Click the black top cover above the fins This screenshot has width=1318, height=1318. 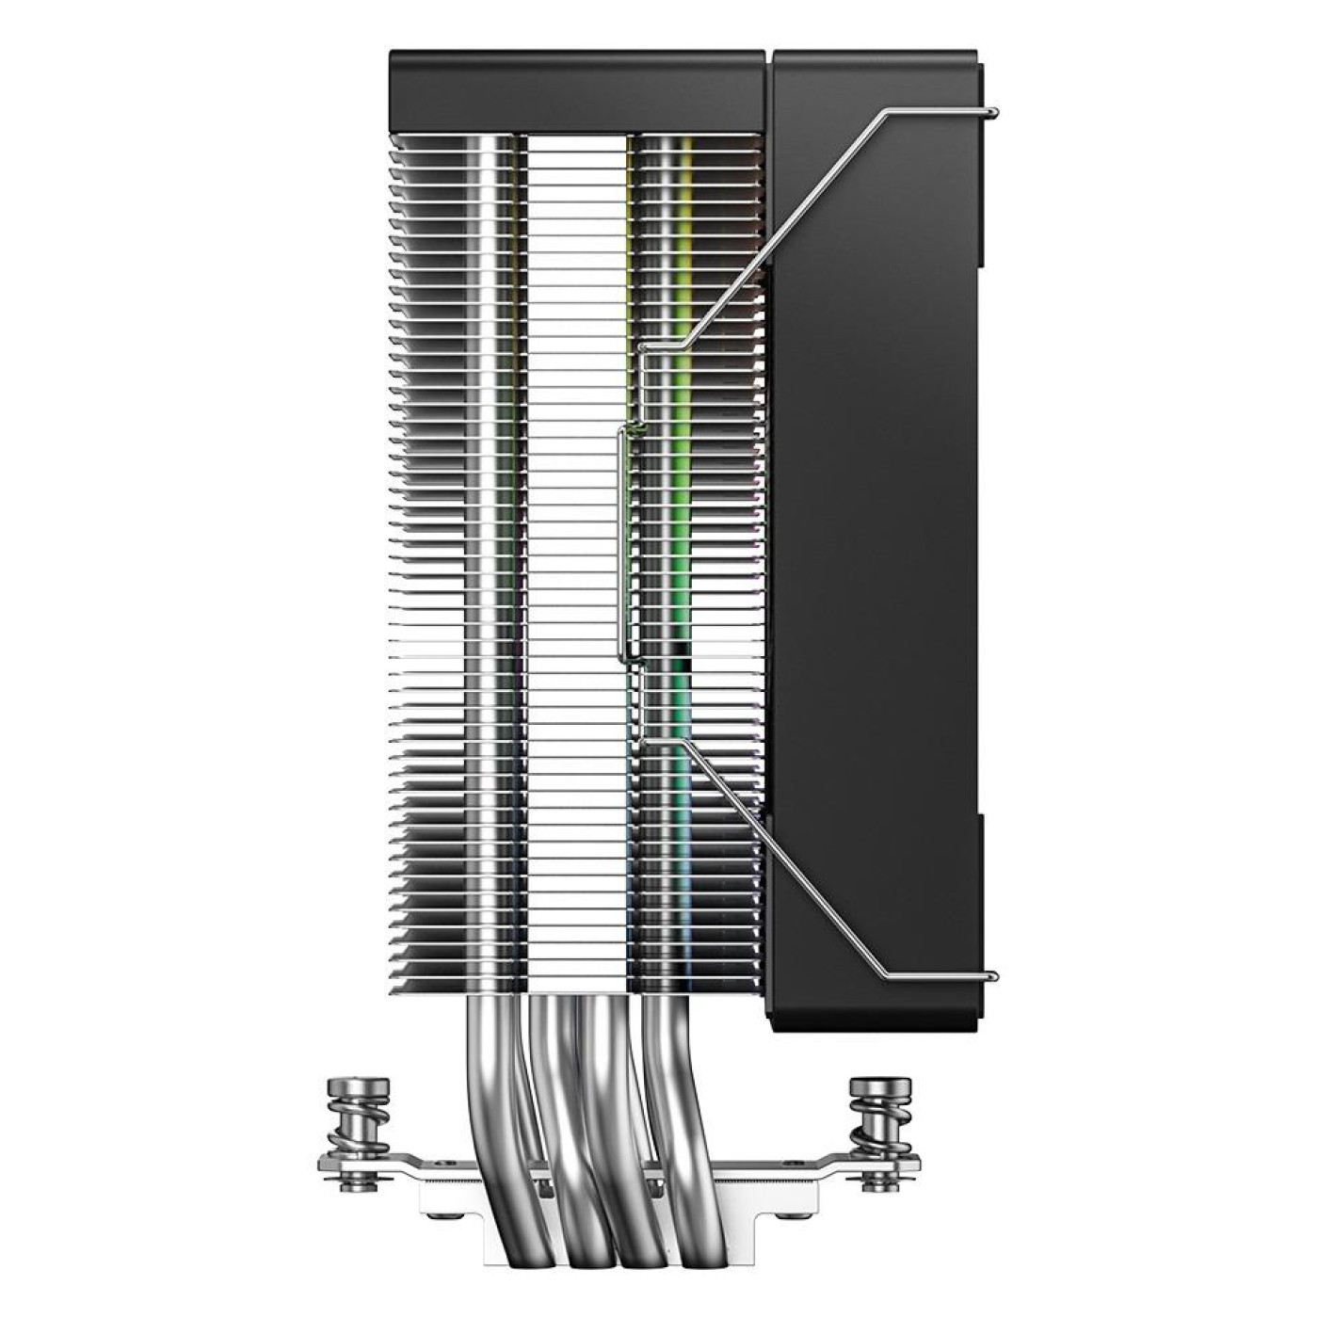click(579, 89)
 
